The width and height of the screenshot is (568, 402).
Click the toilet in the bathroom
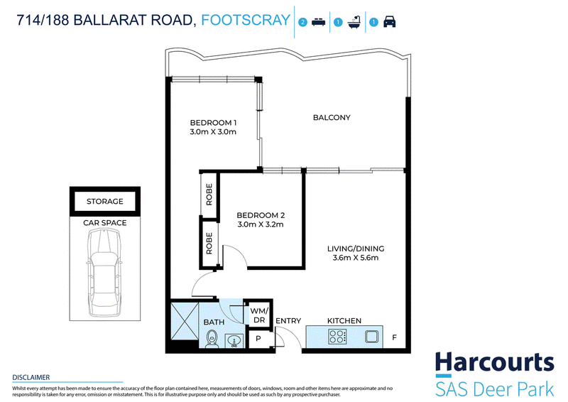coord(212,339)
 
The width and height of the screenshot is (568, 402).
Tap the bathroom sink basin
coord(234,341)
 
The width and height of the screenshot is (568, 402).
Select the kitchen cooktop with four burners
coord(337,337)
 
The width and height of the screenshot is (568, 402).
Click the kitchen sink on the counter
coord(371,337)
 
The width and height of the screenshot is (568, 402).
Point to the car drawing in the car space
coord(104,272)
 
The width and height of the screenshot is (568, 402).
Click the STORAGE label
coord(104,201)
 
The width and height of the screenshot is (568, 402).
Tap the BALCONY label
coord(332,117)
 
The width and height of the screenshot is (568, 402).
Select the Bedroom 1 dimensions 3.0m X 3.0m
coord(213,132)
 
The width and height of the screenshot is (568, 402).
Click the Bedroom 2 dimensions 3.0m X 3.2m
coord(261,224)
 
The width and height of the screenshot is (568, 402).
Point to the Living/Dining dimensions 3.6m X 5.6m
coord(356,258)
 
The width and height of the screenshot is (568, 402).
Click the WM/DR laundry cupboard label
coord(259,315)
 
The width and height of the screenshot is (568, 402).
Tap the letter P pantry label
coord(258,339)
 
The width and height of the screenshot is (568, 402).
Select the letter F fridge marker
coord(395,337)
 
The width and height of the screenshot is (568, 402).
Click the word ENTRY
coord(288,321)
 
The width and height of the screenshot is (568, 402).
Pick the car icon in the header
coord(389,22)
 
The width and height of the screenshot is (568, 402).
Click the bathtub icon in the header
coord(354,22)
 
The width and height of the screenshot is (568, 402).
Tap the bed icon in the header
coord(318,22)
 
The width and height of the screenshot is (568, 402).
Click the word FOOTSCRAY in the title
coord(246,20)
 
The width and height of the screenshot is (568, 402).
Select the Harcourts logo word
coord(495,362)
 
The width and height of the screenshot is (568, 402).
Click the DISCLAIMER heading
coord(31,377)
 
